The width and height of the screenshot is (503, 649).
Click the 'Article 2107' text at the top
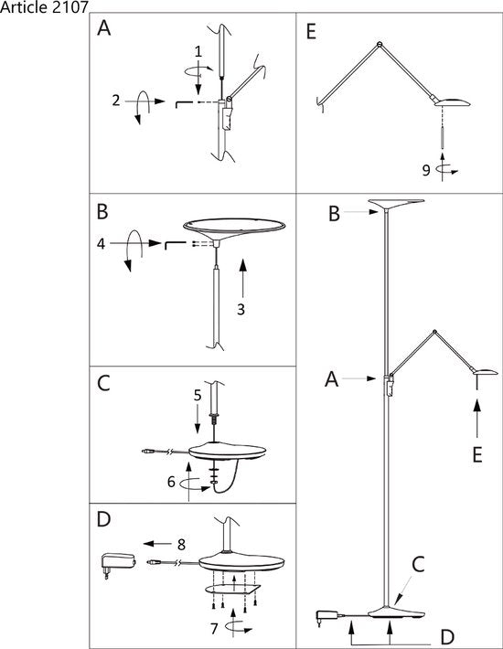[x=44, y=7]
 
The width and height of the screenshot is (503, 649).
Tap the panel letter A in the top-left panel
[x=105, y=30]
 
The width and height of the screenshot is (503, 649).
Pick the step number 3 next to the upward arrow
[x=241, y=309]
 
